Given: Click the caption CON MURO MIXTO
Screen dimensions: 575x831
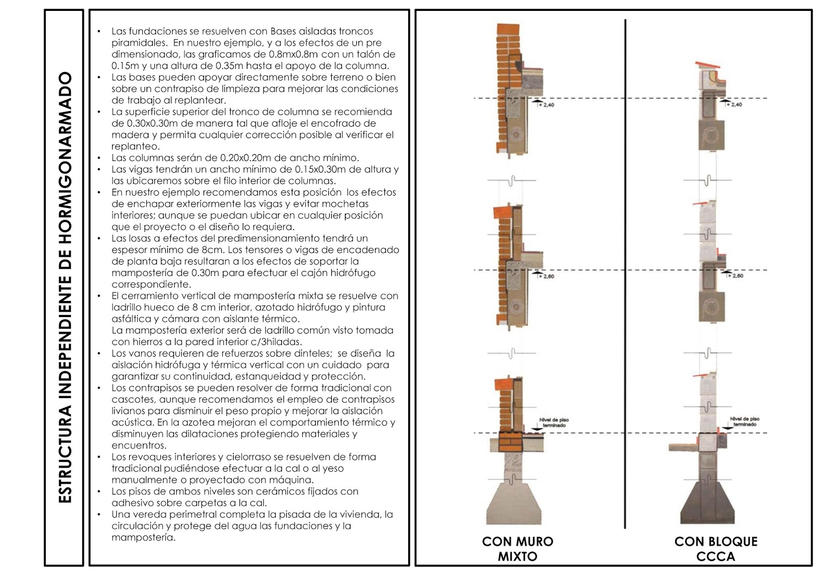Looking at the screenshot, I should pyautogui.click(x=517, y=549).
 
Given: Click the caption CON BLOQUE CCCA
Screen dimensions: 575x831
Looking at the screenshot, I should pyautogui.click(x=716, y=549).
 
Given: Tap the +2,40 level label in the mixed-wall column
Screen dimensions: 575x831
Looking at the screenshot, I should pyautogui.click(x=548, y=105).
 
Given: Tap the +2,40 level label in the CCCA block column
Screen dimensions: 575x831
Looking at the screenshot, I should pyautogui.click(x=736, y=104).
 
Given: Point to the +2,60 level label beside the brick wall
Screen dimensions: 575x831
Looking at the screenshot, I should pyautogui.click(x=548, y=276).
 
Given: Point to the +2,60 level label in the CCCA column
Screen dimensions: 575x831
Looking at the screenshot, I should pyautogui.click(x=736, y=276).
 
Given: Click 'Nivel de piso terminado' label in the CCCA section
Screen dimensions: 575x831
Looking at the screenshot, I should pyautogui.click(x=744, y=421).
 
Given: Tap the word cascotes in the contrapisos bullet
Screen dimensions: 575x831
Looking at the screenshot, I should pyautogui.click(x=133, y=399).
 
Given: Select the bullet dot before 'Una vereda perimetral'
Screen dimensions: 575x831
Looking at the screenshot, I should pyautogui.click(x=99, y=515).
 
